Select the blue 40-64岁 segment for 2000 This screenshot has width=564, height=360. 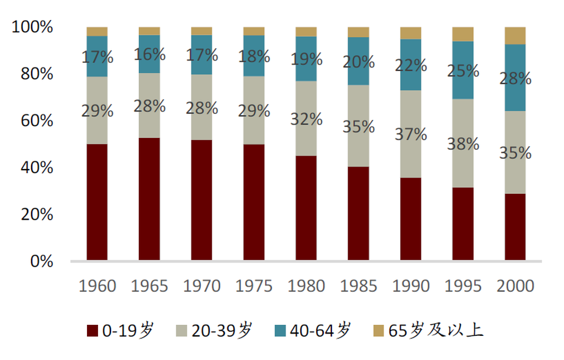515,78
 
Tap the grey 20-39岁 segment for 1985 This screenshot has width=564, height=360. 358,126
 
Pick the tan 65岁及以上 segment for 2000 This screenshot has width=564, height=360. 515,35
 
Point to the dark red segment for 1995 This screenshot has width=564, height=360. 463,223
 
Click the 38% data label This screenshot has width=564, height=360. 463,143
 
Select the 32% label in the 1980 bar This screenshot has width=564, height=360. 306,119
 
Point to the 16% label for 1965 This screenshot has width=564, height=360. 149,55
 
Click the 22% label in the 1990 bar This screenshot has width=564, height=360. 411,65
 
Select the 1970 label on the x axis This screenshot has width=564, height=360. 202,286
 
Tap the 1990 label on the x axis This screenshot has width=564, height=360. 411,286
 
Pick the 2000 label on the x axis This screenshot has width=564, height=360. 515,286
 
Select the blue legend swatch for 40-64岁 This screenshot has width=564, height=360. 281,331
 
